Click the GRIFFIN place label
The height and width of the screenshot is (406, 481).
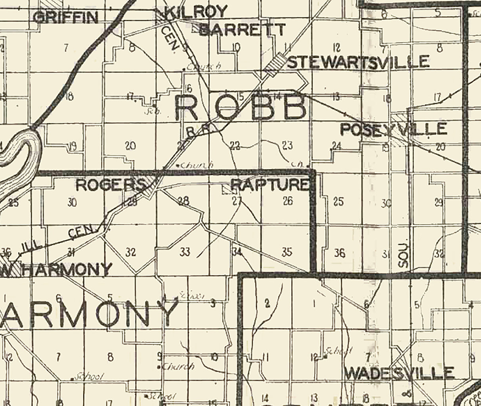pos(66,17)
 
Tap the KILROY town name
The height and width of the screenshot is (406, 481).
pos(197,12)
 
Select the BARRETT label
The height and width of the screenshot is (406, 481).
pos(242,30)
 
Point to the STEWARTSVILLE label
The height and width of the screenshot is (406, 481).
pos(358,62)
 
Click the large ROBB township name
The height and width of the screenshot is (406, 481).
pos(241,108)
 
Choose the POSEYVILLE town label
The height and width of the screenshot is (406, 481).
pos(394,129)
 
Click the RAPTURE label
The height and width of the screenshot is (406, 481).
pos(269,185)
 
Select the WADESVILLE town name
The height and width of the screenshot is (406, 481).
pos(399,373)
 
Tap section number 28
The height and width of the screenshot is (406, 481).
pos(183,202)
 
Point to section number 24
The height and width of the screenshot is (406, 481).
pos(337,146)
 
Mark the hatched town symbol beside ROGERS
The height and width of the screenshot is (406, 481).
pos(149,187)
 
